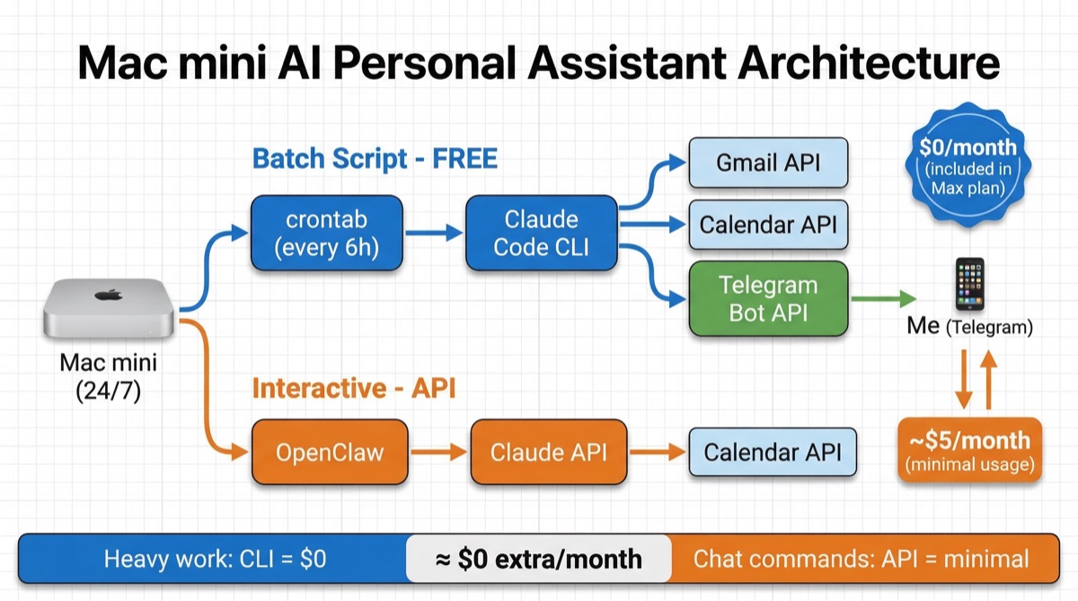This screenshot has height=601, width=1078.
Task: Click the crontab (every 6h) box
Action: coord(327,234)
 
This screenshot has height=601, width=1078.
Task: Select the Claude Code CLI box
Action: coord(542,234)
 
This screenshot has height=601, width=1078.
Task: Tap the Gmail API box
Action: coord(768,164)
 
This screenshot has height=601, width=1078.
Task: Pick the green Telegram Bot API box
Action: coord(768,298)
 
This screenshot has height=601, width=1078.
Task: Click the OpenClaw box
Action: coord(330,452)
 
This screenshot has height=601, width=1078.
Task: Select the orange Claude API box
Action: coord(548,452)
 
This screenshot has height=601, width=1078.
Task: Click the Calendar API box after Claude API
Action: coord(772,452)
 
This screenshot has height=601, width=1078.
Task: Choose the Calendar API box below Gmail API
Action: coord(768,224)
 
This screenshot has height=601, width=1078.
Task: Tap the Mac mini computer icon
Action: coord(110,309)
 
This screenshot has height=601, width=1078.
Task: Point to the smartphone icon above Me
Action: coord(969,285)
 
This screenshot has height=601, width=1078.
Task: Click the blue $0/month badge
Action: coord(968,166)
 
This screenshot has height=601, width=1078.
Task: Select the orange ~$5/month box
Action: coord(968,450)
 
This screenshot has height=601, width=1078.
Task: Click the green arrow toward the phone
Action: coord(883,298)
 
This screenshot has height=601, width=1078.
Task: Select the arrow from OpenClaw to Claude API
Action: coord(439,452)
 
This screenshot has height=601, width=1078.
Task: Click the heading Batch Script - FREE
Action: coord(375,159)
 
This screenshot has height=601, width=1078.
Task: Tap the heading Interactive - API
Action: coord(354,388)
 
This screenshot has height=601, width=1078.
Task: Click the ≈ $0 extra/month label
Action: coord(538,559)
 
